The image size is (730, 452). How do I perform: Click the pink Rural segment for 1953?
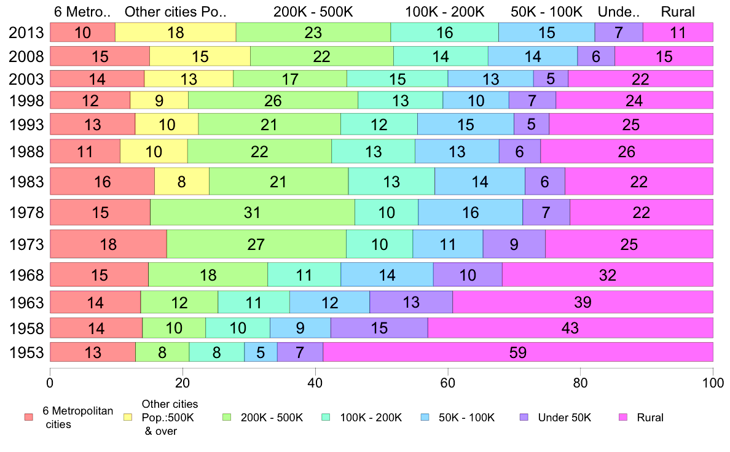(x=517, y=352)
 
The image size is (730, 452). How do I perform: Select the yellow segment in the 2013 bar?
(x=175, y=33)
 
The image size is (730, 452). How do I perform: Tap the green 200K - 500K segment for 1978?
(x=252, y=212)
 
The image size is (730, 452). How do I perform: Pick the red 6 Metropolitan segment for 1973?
(x=108, y=244)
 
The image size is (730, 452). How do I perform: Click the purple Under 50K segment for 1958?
(x=379, y=328)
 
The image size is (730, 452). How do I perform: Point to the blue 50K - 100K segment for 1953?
(x=261, y=352)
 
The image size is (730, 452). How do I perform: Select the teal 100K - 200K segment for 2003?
(x=397, y=79)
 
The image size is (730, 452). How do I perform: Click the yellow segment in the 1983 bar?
(x=181, y=181)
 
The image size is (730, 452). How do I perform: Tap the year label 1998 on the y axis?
(x=26, y=101)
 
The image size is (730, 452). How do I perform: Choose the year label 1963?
(x=26, y=302)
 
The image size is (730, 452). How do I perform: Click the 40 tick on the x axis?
(x=315, y=380)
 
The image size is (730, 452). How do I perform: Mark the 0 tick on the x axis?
(x=50, y=380)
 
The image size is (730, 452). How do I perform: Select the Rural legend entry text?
(x=650, y=418)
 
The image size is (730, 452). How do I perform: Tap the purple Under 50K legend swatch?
(x=524, y=417)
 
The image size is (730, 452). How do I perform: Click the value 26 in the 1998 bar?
(x=272, y=101)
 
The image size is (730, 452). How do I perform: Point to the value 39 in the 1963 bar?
(x=583, y=302)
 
